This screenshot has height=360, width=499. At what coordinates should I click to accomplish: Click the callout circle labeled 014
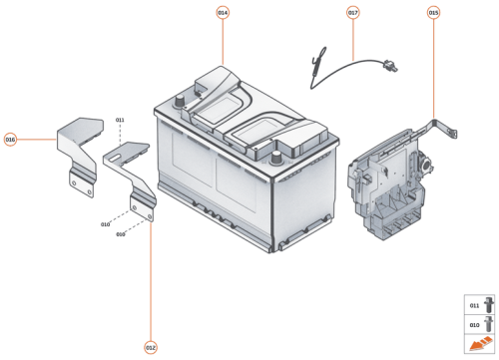pos(223,12)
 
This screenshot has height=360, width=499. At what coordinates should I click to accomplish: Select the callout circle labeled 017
pos(353,12)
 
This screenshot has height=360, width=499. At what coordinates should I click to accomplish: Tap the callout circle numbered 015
pos(433,12)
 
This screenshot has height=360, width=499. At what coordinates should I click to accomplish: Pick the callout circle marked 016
pos(10,140)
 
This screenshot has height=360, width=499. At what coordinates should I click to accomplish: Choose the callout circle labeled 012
pos(151,348)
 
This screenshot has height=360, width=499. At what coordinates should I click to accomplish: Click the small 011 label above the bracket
pos(120,120)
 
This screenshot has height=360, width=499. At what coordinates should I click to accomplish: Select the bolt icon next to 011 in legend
pos(489,304)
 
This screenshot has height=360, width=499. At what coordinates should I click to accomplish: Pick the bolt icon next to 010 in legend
pos(489,325)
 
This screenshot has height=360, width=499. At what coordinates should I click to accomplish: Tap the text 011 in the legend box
pos(474,304)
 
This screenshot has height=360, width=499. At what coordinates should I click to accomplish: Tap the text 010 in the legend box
pos(474,325)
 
